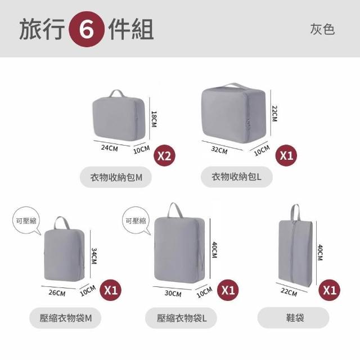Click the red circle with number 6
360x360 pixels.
(87, 29)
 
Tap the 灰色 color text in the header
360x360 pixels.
(322, 29)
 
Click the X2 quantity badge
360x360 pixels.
(164, 156)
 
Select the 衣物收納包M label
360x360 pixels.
(116, 177)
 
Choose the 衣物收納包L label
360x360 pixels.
(237, 177)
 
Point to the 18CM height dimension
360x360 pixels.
(154, 119)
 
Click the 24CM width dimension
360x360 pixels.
(110, 148)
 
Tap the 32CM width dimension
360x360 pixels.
(219, 150)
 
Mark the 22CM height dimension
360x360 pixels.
(274, 114)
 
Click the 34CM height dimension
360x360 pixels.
(94, 256)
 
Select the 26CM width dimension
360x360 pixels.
(57, 293)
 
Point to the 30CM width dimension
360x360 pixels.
(173, 294)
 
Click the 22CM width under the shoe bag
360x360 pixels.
(289, 292)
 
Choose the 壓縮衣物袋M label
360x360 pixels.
(65, 318)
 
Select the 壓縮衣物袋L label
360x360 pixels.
(181, 318)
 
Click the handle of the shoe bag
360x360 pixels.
(295, 213)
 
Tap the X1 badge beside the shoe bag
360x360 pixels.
(330, 290)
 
